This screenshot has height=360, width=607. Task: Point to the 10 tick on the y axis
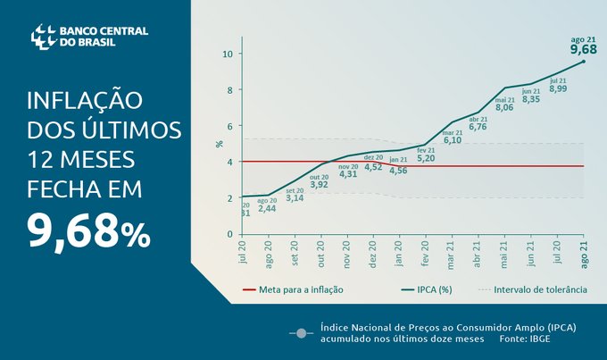coord(228,54)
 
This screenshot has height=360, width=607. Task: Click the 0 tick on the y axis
coord(229,234)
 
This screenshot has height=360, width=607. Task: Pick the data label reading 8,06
coord(504,107)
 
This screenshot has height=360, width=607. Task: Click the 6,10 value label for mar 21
coord(453,140)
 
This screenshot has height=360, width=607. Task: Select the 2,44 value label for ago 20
coord(267,208)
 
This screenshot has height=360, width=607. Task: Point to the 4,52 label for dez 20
coord(373,166)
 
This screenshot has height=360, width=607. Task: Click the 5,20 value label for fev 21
coord(426,158)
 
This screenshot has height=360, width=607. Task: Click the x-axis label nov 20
coord(346,255)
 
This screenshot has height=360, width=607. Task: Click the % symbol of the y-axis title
coord(220,143)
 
